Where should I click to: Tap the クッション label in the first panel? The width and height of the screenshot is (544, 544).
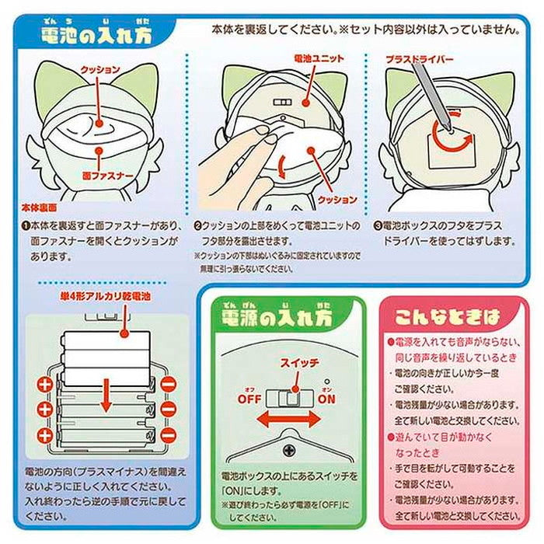click(x=99, y=69)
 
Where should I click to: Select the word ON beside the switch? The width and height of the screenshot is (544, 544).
click(x=327, y=399)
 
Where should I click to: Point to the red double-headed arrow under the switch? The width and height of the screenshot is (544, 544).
click(x=288, y=419)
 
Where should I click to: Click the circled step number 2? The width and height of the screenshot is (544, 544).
click(x=198, y=226)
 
